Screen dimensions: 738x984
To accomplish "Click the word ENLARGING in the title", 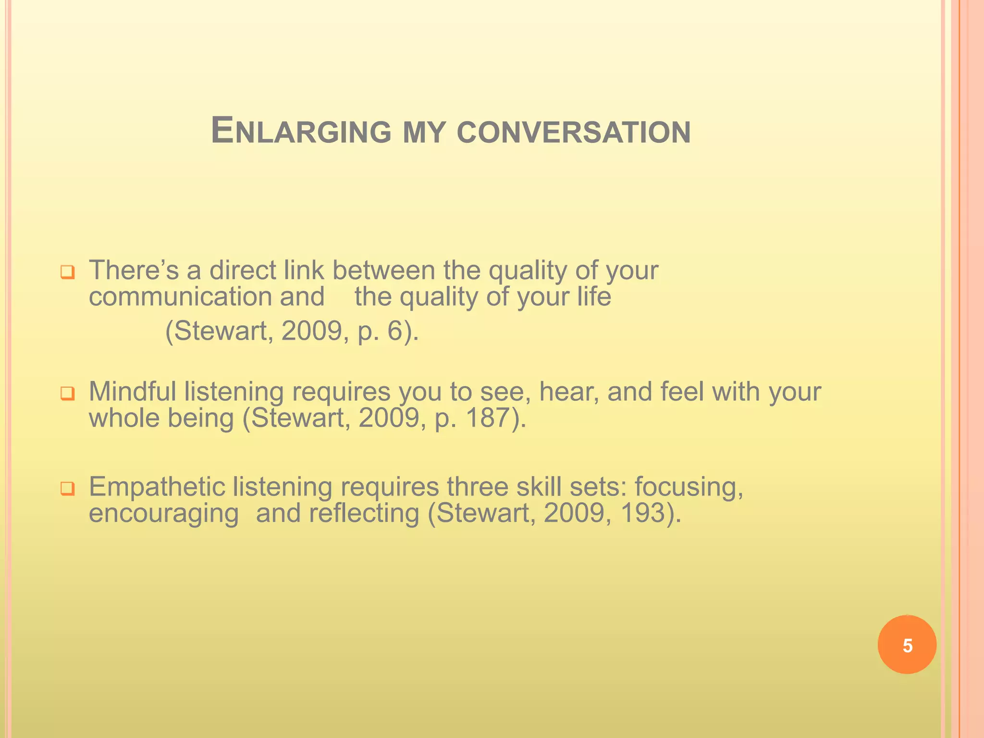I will (x=301, y=131).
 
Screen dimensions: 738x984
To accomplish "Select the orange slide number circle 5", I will (x=907, y=645).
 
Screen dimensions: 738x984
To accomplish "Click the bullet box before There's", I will (x=67, y=272).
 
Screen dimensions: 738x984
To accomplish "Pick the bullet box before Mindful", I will (x=67, y=394).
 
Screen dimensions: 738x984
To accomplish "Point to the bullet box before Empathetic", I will (x=67, y=489).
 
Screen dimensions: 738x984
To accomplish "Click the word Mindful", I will (x=133, y=391).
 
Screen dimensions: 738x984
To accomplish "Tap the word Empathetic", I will (x=157, y=487).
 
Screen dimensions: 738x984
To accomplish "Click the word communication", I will (x=181, y=297).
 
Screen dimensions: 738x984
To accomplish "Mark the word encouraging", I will (x=163, y=514).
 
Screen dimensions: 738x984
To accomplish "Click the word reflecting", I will (x=364, y=513).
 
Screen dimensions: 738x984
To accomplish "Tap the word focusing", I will (x=689, y=487).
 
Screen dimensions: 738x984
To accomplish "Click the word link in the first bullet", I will (x=304, y=270).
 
